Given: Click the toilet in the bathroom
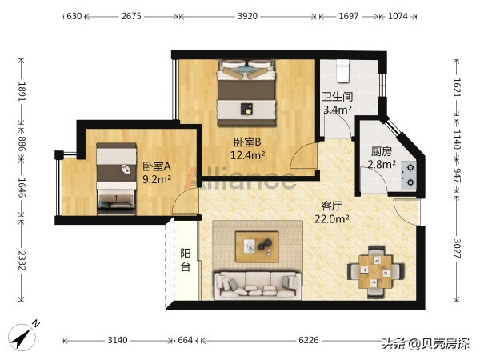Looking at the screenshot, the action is tap(342, 71).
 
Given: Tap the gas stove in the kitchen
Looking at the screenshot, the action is tap(409, 175).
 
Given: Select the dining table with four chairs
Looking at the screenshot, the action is tap(376, 272).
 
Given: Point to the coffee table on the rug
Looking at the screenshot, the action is tap(257, 246).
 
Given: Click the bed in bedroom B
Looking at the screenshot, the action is tap(246, 93).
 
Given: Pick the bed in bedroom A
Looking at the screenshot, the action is tap(116, 178).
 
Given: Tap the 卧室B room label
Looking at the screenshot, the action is tap(247, 142).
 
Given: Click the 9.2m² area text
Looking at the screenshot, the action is tap(157, 178).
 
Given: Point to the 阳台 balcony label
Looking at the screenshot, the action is tap(186, 260).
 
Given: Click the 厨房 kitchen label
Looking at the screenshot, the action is tap(382, 151).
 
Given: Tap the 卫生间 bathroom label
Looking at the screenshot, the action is tap(338, 97).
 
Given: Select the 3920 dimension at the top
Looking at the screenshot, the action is tap(248, 16).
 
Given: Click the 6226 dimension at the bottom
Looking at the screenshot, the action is tap(309, 340).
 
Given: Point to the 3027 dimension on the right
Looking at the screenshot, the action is tap(457, 249).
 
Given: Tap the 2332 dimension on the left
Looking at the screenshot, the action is tap(21, 261).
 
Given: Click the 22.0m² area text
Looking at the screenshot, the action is tap(332, 218).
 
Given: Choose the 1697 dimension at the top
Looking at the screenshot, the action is tap(348, 16).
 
